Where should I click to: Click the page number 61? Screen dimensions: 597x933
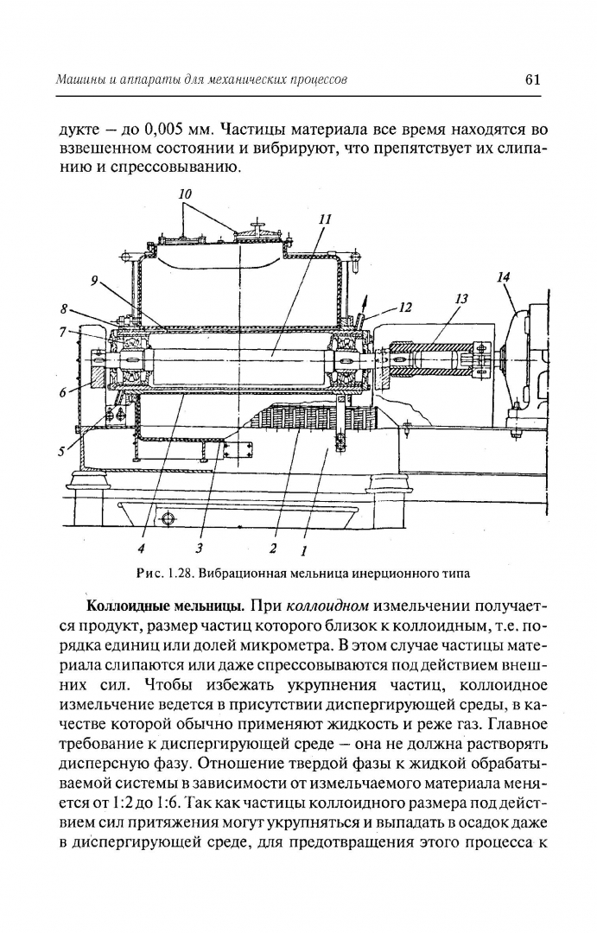point(532,79)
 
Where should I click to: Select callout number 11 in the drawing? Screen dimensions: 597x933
point(325,219)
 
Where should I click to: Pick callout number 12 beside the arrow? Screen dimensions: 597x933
point(405,308)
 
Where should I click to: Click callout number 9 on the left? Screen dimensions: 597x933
point(95,282)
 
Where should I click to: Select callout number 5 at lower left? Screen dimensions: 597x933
point(60,451)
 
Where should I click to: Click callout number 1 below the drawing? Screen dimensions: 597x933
point(303,551)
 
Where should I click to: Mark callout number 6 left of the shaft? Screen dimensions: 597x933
point(62,391)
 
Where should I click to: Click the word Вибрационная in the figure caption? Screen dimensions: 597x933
point(238,574)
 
